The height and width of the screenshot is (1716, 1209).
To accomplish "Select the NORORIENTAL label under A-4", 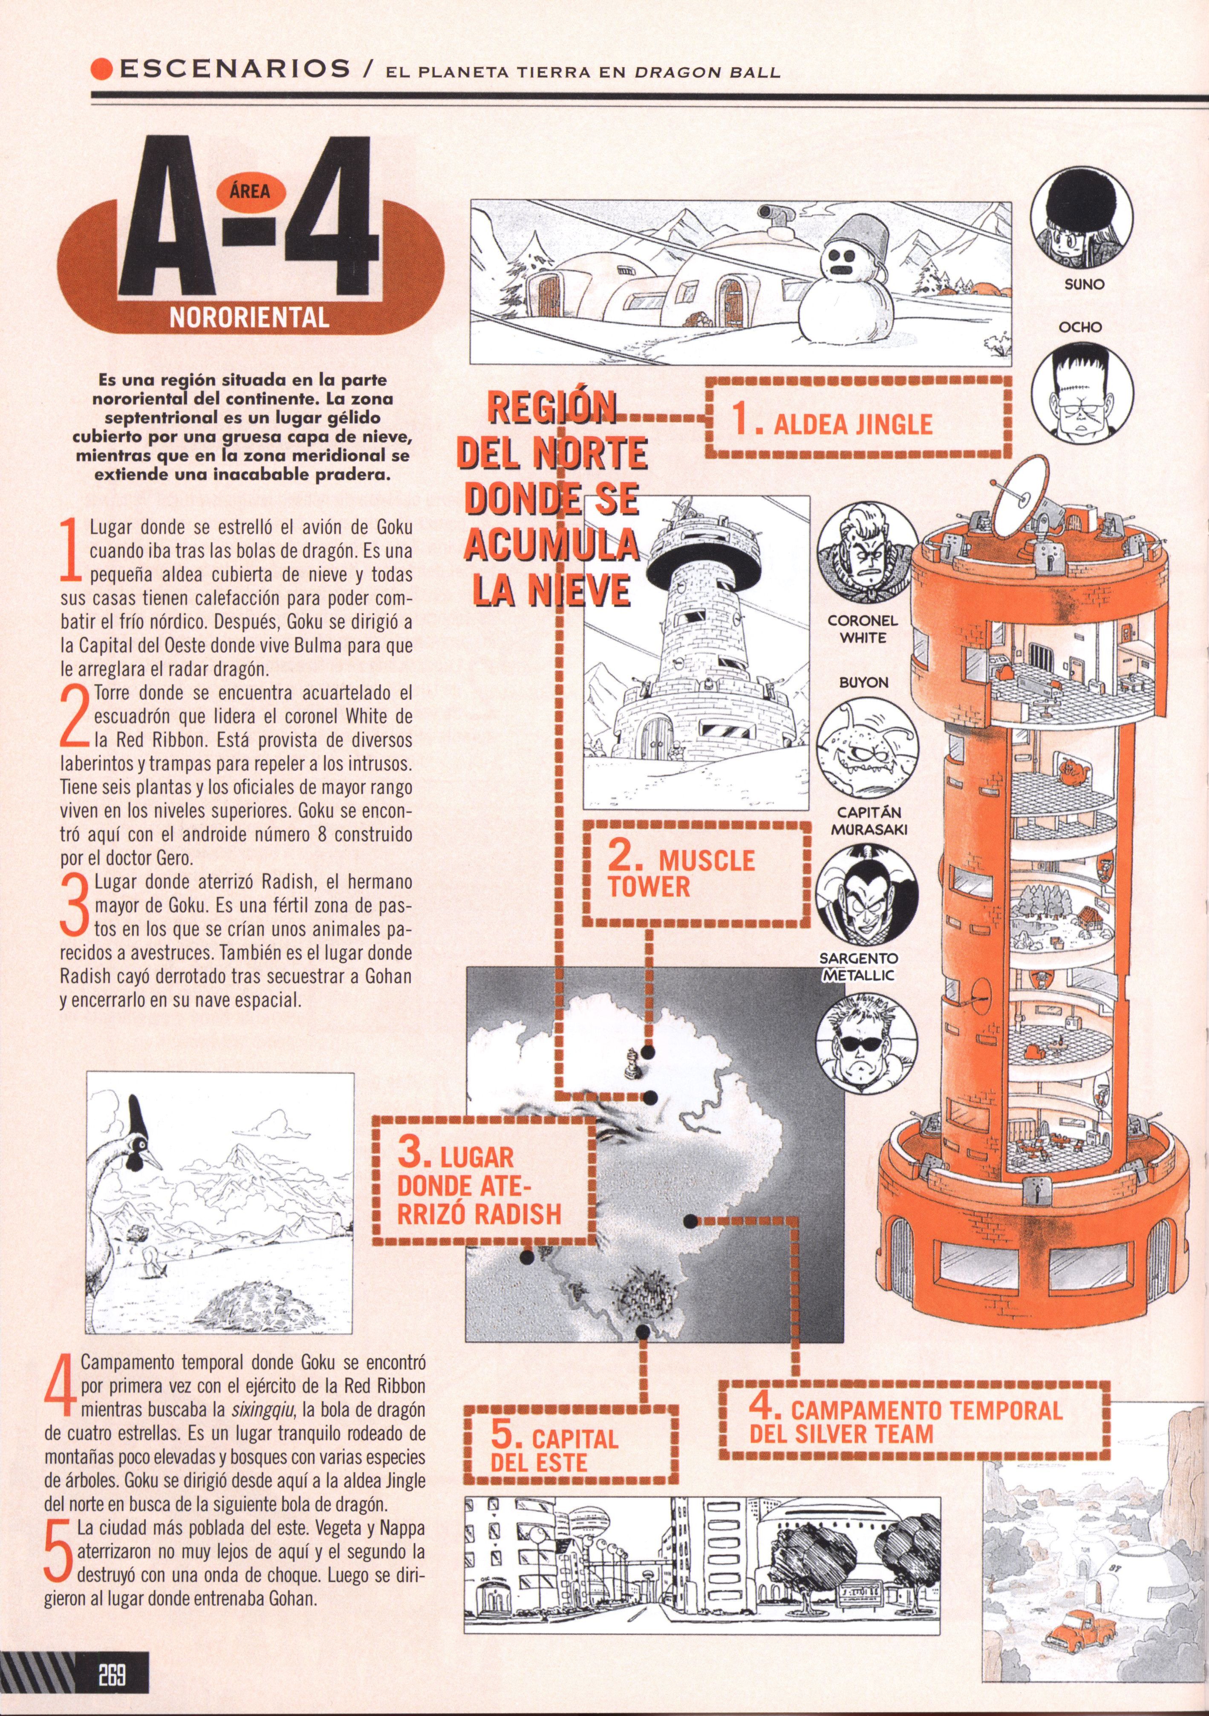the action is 249,318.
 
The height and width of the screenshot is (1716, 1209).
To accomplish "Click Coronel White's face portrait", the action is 867,559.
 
